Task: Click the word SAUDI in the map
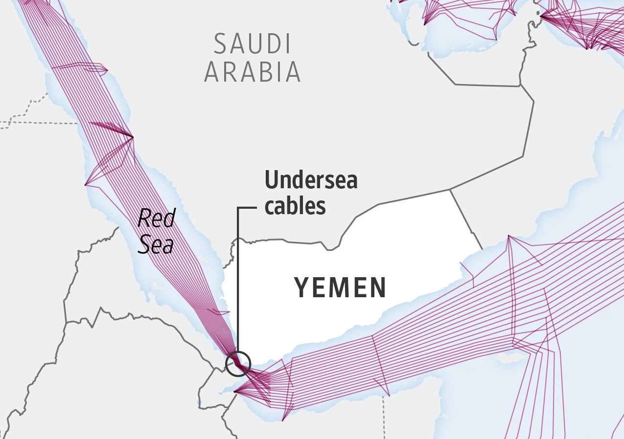click(x=252, y=44)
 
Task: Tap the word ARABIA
click(x=252, y=72)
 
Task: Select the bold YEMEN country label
click(x=340, y=287)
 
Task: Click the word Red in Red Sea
click(x=156, y=219)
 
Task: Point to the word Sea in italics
click(x=155, y=245)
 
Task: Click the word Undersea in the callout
click(x=311, y=180)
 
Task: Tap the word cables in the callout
click(x=295, y=206)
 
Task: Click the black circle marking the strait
click(x=238, y=364)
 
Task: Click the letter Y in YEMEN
click(x=301, y=287)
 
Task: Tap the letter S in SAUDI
click(x=221, y=44)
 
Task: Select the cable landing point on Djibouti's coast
click(x=235, y=391)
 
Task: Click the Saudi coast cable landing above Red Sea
click(x=133, y=136)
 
